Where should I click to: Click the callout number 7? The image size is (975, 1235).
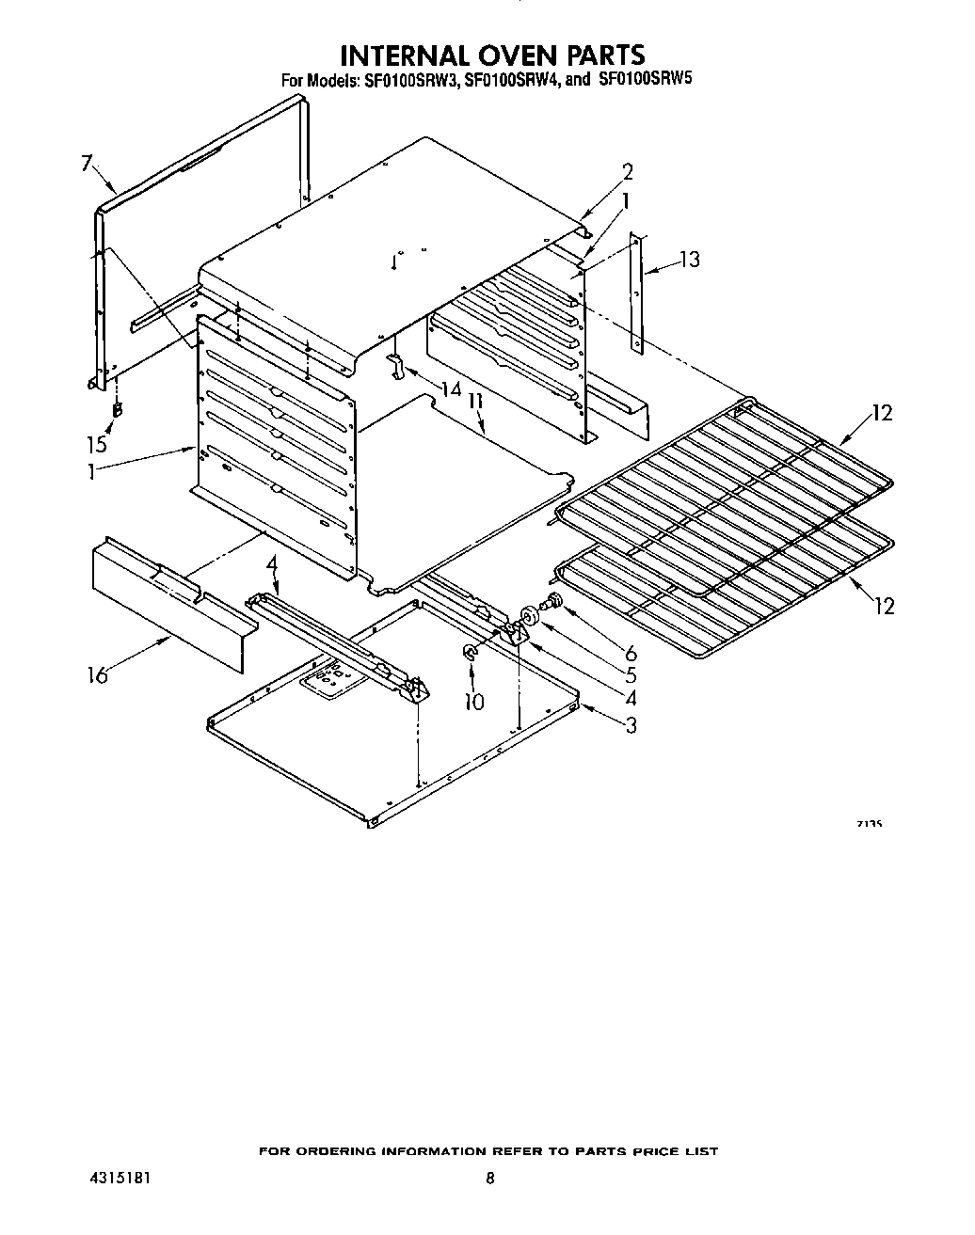click(x=87, y=164)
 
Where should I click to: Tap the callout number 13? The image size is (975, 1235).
click(x=690, y=259)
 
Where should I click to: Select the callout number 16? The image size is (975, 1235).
click(x=98, y=674)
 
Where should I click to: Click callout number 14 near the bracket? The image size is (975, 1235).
click(x=452, y=388)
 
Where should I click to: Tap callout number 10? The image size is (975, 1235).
click(x=474, y=701)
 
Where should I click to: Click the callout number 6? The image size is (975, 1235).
click(x=630, y=652)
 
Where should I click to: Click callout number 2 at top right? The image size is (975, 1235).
click(x=627, y=171)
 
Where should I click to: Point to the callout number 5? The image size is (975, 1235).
click(x=630, y=674)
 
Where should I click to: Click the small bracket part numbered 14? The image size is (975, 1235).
click(x=398, y=368)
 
